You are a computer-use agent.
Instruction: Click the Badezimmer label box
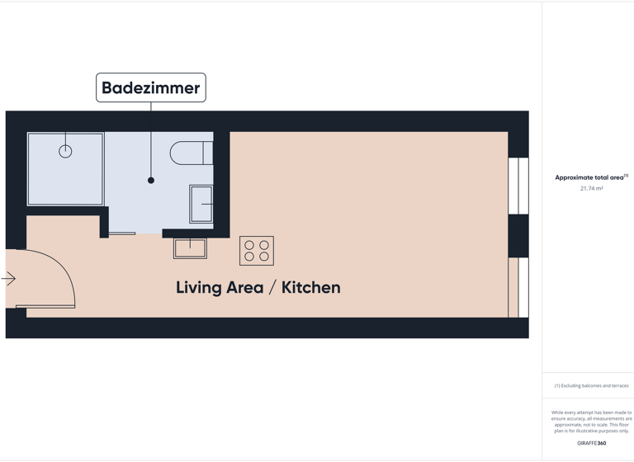[150, 87]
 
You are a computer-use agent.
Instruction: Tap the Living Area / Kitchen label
[258, 287]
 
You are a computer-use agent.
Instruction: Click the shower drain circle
[65, 151]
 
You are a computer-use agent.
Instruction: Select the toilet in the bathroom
[191, 153]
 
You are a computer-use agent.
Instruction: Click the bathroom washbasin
[201, 204]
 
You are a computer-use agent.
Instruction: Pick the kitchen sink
[190, 247]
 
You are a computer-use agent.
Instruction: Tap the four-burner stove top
[257, 251]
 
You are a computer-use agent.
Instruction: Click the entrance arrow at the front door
[9, 279]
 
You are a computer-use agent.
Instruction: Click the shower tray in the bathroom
[65, 169]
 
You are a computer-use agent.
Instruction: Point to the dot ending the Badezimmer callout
[151, 180]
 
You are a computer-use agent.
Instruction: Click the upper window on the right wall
[518, 186]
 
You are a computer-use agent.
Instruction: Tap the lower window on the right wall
[518, 287]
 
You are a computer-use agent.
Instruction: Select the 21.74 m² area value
[591, 189]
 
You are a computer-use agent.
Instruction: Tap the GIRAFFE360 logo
[591, 443]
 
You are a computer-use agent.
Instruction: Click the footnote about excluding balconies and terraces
[591, 385]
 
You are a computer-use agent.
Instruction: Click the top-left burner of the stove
[249, 245]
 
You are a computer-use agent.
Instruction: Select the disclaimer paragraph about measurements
[591, 421]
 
